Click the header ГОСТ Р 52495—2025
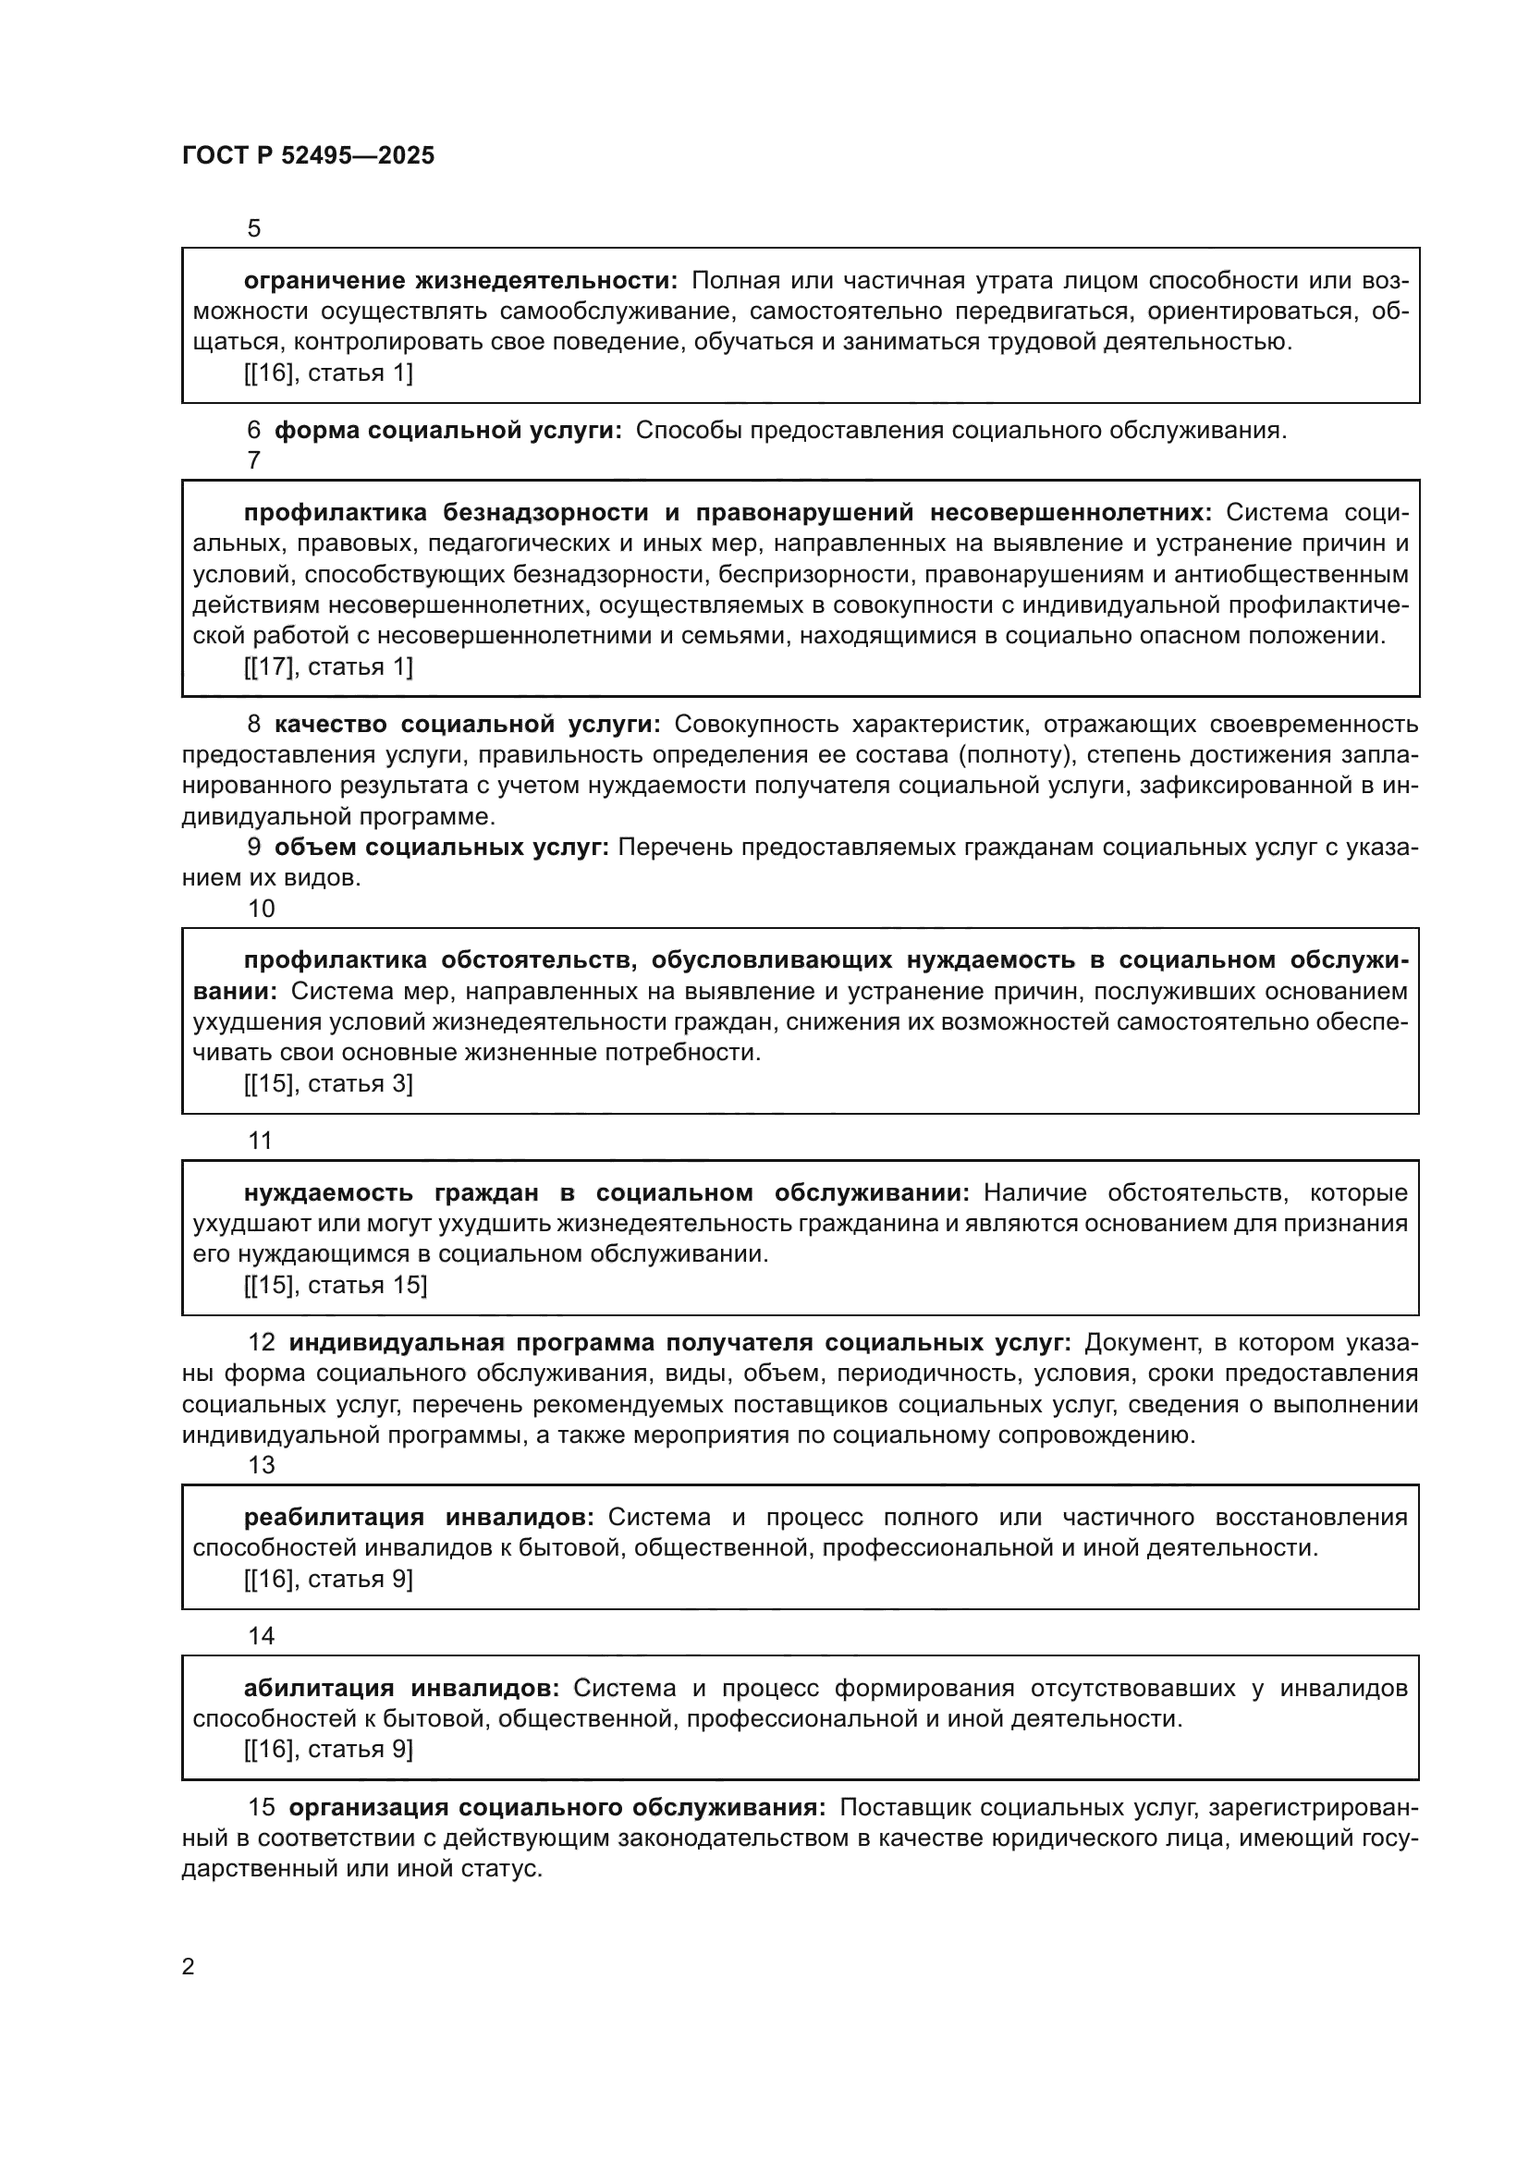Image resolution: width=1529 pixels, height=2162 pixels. click(308, 155)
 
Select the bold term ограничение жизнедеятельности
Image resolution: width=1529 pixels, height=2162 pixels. click(459, 281)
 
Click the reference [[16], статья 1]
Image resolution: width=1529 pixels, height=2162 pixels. click(327, 373)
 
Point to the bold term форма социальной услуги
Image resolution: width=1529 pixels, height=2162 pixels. click(448, 431)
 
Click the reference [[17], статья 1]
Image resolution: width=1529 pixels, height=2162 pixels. click(327, 666)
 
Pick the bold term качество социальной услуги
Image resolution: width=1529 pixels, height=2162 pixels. click(468, 724)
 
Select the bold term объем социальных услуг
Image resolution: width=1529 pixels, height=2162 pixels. click(442, 847)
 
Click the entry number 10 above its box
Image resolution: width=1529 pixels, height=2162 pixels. click(261, 909)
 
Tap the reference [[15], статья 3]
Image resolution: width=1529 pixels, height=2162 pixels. click(327, 1084)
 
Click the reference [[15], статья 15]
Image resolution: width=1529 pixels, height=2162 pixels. click(336, 1286)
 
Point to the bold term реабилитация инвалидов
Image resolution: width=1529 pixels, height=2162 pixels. click(419, 1517)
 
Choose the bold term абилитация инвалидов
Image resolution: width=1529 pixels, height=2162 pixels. click(402, 1689)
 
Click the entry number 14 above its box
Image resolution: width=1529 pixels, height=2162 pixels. click(261, 1636)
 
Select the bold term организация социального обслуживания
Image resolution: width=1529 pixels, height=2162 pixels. click(557, 1807)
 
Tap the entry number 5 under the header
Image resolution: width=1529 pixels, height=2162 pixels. click(253, 229)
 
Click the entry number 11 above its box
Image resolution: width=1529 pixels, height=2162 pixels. click(260, 1141)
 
